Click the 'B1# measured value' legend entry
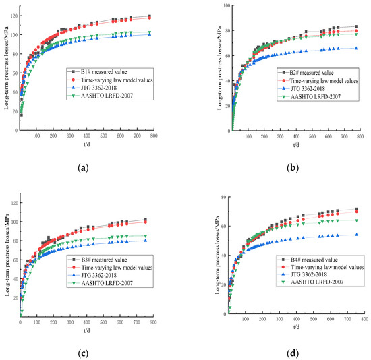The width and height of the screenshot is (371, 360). coord(103,70)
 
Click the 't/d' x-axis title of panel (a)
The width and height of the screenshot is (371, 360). coord(87,144)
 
